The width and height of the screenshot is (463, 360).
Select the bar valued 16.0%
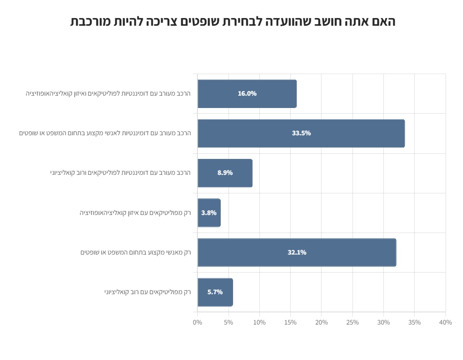[247, 94]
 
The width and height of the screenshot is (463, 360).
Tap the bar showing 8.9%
[225, 173]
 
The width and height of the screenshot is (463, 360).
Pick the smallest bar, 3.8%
[209, 213]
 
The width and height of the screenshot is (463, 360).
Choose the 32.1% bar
[297, 253]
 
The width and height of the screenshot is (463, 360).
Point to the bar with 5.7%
[215, 292]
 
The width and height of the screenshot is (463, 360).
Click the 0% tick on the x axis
[198, 322]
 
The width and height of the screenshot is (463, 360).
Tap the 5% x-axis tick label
[228, 322]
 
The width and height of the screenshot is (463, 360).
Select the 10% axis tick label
[259, 322]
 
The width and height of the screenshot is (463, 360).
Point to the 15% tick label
[291, 322]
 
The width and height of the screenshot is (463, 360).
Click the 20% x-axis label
[322, 322]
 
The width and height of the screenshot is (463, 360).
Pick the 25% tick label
[352, 322]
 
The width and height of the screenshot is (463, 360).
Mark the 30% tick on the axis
[383, 322]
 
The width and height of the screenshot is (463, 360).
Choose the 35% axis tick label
[415, 322]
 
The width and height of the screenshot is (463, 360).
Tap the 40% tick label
[446, 322]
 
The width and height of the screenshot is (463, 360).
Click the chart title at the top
[233, 22]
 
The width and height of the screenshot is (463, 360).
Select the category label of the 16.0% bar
[108, 94]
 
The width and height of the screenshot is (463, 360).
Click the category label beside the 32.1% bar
[135, 253]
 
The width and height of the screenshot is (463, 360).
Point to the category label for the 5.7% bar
[147, 292]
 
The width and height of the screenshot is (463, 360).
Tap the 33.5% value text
[301, 133]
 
